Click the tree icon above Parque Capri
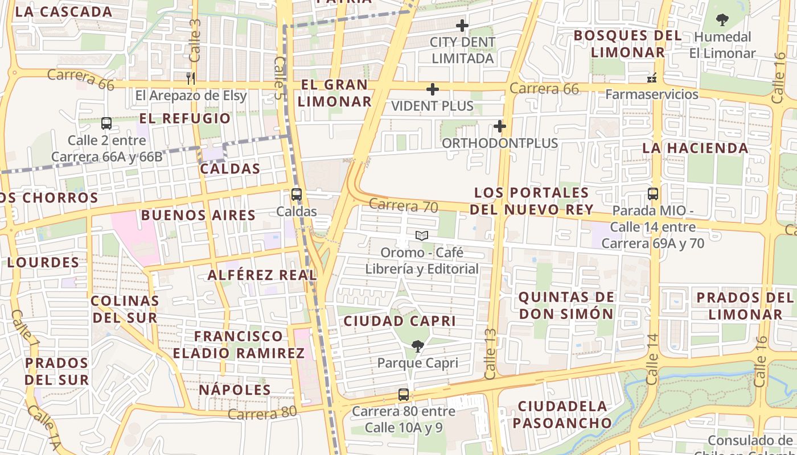point(417,346)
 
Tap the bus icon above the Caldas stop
point(296,194)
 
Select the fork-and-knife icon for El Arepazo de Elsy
point(191,78)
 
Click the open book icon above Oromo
point(421,235)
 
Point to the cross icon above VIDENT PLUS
point(433,89)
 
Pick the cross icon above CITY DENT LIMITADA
point(462,26)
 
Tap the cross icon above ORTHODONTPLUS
point(500,126)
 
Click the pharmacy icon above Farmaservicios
point(652,77)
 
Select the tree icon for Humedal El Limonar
point(722,20)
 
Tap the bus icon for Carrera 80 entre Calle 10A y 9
point(403,394)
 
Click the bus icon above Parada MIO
point(653,193)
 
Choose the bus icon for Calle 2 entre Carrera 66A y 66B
point(106,123)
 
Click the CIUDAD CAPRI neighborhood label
point(400,321)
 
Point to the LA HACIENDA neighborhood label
point(695,148)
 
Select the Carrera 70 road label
point(403,205)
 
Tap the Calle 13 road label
point(490,354)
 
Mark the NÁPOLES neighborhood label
point(235,390)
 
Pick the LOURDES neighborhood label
point(43,263)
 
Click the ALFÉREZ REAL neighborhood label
point(262,275)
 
